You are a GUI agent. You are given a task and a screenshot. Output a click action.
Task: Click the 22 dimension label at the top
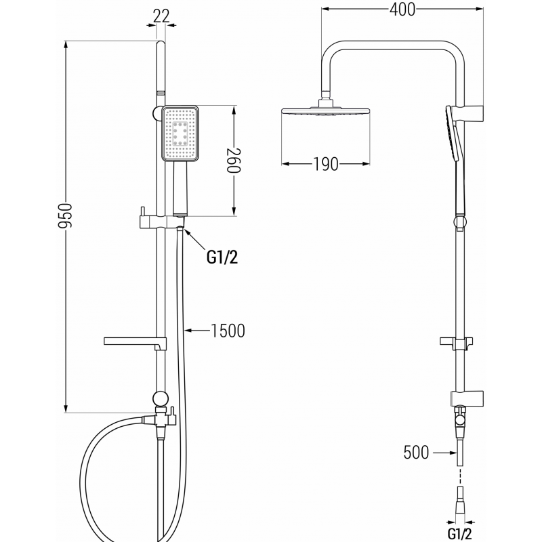coord(161,16)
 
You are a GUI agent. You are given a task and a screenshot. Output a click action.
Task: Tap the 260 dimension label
coord(234,161)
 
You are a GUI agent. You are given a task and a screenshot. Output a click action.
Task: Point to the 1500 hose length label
coord(228,331)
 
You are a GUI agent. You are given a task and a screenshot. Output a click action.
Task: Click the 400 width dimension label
coord(402,9)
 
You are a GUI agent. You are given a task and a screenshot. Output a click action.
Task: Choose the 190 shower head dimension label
coord(326,165)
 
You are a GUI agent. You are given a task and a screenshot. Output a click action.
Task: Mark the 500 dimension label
coord(416,453)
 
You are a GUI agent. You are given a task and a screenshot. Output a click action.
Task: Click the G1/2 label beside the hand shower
coord(222,256)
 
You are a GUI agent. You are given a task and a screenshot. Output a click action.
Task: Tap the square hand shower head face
coord(180,133)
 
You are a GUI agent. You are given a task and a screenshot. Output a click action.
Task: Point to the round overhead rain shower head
coord(326,110)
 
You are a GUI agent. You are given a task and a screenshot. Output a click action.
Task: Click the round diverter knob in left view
coord(161,398)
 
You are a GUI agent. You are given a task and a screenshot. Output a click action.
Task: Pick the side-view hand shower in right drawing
coord(452,135)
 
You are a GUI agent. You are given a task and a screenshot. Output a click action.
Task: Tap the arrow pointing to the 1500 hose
coord(196,331)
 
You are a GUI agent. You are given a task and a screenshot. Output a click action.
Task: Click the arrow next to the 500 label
coord(444,453)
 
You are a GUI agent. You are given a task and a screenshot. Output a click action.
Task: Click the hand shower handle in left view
coord(180,190)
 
